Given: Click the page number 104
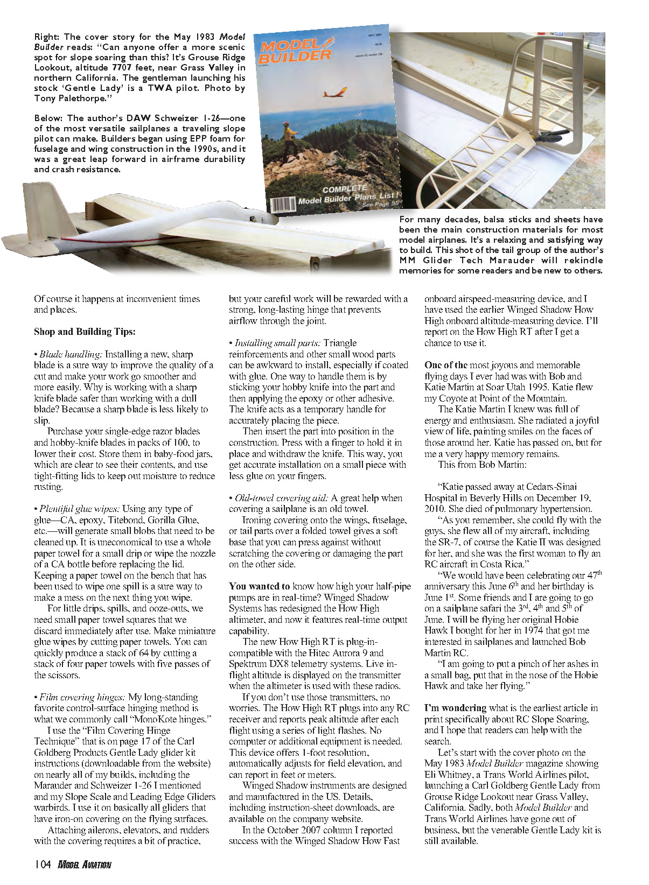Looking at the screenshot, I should point(42,865).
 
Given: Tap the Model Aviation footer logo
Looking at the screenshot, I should point(84,865).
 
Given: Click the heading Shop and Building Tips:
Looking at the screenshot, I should point(85,332).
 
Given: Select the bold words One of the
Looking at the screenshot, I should point(446,365).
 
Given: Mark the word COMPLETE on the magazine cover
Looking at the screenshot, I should point(345,189).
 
